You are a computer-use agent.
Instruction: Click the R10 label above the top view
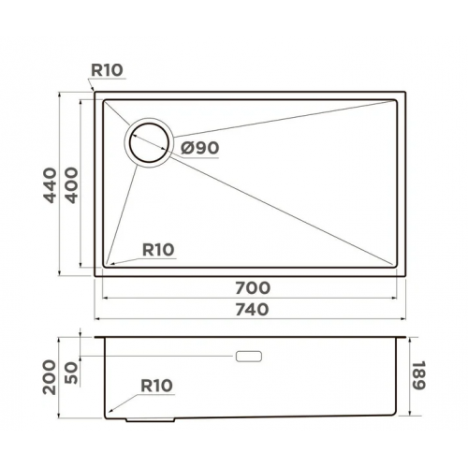(x=108, y=69)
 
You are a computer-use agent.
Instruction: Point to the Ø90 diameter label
(x=200, y=148)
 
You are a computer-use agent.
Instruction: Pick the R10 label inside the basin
(x=158, y=249)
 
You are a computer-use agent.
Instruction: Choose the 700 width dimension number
(x=253, y=286)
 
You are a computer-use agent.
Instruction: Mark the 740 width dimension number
(x=253, y=309)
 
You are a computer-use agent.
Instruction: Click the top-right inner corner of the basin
(x=397, y=100)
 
